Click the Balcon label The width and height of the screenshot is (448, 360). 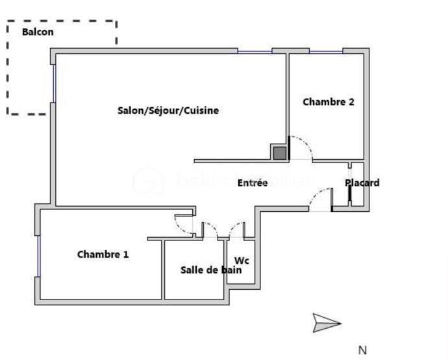pyautogui.click(x=38, y=32)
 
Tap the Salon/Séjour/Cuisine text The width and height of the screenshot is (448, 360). pyautogui.click(x=168, y=110)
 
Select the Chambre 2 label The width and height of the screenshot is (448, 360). pyautogui.click(x=328, y=101)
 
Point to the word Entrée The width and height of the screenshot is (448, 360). pyautogui.click(x=253, y=183)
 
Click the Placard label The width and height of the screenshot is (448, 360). pyautogui.click(x=362, y=183)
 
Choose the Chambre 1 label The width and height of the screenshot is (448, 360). pyautogui.click(x=103, y=254)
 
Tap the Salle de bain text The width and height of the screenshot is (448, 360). pyautogui.click(x=211, y=270)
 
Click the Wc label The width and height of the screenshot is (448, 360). pyautogui.click(x=242, y=261)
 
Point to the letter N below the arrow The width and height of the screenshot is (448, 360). pyautogui.click(x=362, y=350)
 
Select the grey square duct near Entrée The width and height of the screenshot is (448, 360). pyautogui.click(x=279, y=153)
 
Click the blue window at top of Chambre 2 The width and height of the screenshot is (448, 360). pyautogui.click(x=326, y=51)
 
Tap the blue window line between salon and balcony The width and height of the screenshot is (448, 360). pyautogui.click(x=55, y=83)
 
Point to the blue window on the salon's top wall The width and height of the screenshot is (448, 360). pyautogui.click(x=255, y=51)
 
